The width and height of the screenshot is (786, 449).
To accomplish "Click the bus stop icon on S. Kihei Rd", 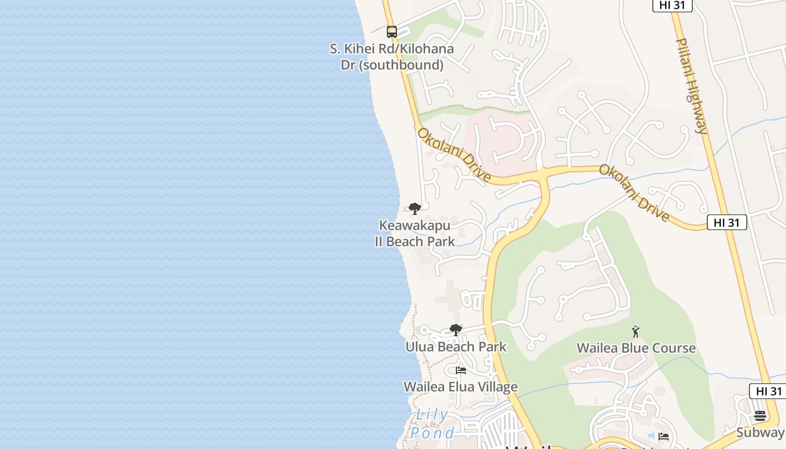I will [392, 32].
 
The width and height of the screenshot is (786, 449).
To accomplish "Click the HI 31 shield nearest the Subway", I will [769, 391].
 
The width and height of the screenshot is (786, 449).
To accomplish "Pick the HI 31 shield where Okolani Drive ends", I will [726, 222].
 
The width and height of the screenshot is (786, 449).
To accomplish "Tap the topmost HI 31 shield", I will [672, 5].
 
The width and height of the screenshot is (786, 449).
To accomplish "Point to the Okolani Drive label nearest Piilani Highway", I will [634, 193].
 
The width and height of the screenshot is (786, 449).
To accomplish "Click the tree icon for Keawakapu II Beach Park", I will [415, 209].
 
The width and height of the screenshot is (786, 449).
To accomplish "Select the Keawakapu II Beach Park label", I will [415, 233].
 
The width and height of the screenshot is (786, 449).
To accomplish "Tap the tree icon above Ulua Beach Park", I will [456, 330].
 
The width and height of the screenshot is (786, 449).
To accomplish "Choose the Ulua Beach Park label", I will [456, 347].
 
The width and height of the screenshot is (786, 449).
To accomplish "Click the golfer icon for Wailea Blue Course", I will [636, 332].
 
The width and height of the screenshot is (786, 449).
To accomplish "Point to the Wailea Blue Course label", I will [636, 349].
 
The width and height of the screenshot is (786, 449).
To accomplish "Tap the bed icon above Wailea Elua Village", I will [461, 370].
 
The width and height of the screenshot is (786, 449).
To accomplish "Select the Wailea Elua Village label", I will [460, 387].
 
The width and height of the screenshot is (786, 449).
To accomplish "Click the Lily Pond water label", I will [432, 424].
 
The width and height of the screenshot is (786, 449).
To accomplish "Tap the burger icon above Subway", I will [760, 416].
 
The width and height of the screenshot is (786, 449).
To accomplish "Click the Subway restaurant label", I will [760, 432].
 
